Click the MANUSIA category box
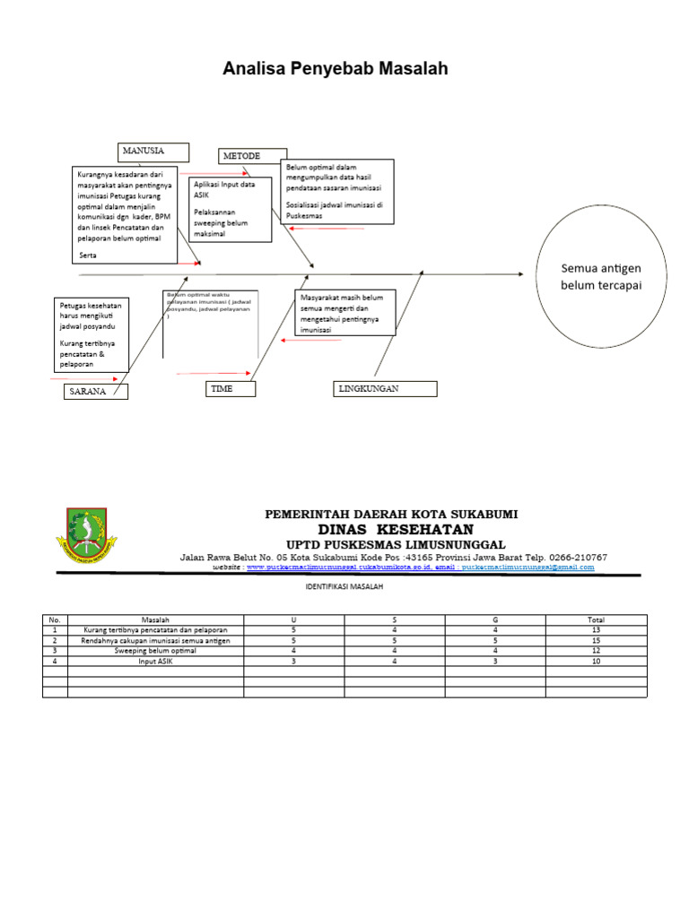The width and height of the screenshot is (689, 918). (x=153, y=151)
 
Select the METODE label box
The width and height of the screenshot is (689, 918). (x=253, y=156)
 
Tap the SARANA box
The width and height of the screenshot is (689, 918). (x=96, y=392)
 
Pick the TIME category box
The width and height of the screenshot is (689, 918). (x=231, y=388)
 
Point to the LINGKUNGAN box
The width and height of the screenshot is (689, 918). (x=386, y=388)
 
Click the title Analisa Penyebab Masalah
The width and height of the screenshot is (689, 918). (x=336, y=69)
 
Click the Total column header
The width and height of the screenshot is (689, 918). (x=596, y=619)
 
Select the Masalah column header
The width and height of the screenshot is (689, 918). (x=155, y=619)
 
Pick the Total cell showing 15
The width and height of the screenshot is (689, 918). (x=596, y=641)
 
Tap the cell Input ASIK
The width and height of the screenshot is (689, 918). (x=155, y=662)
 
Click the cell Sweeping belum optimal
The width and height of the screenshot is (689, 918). (x=155, y=651)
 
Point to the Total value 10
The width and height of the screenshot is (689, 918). (x=596, y=662)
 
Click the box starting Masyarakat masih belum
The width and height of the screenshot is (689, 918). (x=344, y=313)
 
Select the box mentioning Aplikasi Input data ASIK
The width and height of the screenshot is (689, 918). (x=231, y=209)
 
